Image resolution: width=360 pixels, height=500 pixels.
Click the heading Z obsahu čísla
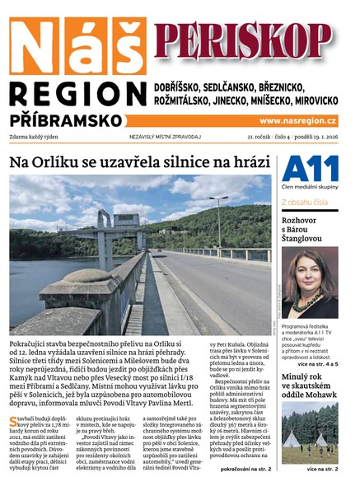point(306,202)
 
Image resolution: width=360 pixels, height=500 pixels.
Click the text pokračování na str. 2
point(244,470)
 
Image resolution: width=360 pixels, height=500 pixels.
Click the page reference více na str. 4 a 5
point(320,362)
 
